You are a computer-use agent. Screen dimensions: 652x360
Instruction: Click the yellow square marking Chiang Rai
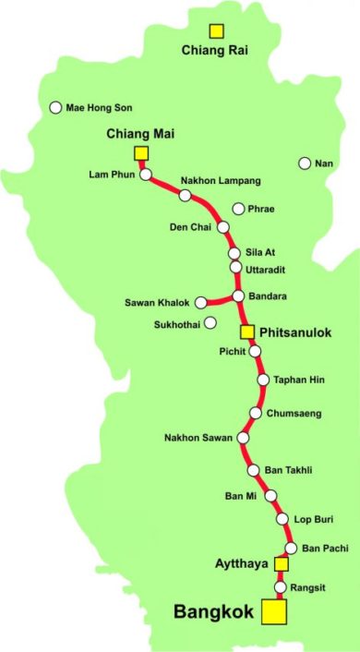pyautogui.click(x=216, y=32)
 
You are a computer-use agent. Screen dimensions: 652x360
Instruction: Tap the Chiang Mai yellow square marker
pyautogui.click(x=141, y=152)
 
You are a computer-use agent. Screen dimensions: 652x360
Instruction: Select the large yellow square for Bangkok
pyautogui.click(x=273, y=611)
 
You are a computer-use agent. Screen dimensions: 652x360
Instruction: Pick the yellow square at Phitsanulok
pyautogui.click(x=246, y=331)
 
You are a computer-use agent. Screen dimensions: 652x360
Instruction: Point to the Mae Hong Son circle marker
pyautogui.click(x=55, y=107)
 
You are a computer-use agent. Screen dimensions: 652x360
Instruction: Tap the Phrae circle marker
pyautogui.click(x=239, y=209)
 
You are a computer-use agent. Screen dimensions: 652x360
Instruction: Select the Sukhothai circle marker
pyautogui.click(x=210, y=323)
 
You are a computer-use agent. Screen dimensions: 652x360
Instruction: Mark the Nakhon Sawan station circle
pyautogui.click(x=244, y=437)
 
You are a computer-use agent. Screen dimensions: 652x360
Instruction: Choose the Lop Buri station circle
pyautogui.click(x=282, y=519)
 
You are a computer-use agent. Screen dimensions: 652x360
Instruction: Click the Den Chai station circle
pyautogui.click(x=222, y=226)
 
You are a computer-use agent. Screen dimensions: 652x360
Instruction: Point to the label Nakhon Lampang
pyautogui.click(x=221, y=179)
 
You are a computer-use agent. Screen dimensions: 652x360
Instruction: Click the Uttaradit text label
pyautogui.click(x=266, y=269)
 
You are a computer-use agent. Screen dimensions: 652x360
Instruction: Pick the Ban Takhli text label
pyautogui.click(x=288, y=470)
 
